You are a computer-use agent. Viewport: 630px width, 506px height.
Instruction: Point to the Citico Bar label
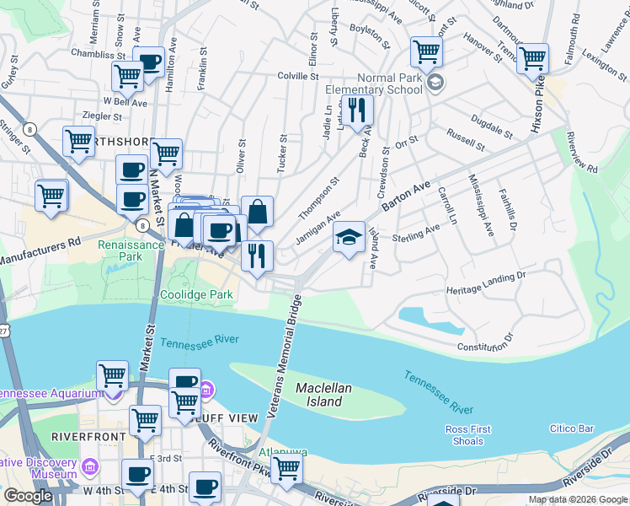572,429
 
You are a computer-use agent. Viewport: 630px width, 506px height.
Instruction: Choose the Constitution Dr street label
485,343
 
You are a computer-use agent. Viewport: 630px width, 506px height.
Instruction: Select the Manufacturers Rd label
39,250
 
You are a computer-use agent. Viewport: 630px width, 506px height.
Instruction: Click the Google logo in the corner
28,496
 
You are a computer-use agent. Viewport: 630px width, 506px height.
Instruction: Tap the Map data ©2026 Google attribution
578,499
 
